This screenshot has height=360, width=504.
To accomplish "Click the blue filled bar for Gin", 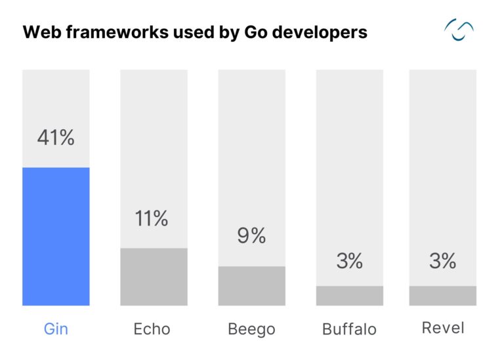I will pyautogui.click(x=56, y=236).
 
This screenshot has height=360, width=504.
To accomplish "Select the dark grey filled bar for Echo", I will pyautogui.click(x=154, y=277).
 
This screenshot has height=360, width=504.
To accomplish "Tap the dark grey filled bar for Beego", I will pyautogui.click(x=251, y=286).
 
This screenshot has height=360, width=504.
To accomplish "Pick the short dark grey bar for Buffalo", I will pyautogui.click(x=349, y=296).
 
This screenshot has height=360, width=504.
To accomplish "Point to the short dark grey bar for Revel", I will pyautogui.click(x=442, y=296).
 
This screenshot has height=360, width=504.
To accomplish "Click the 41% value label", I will pyautogui.click(x=56, y=138).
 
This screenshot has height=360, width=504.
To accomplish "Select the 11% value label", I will pyautogui.click(x=152, y=219).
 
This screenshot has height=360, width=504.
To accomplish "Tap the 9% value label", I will pyautogui.click(x=251, y=235).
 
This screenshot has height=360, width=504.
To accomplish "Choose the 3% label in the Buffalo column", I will pyautogui.click(x=349, y=261).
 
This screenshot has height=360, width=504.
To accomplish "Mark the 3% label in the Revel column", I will pyautogui.click(x=442, y=261).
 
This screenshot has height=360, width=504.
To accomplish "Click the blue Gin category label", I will pyautogui.click(x=56, y=329).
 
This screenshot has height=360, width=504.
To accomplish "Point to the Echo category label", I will pyautogui.click(x=152, y=329).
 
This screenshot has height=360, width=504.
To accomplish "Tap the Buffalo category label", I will pyautogui.click(x=349, y=329).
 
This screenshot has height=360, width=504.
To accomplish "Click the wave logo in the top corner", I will pyautogui.click(x=459, y=30).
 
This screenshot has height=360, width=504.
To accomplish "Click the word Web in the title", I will pyautogui.click(x=39, y=32).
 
